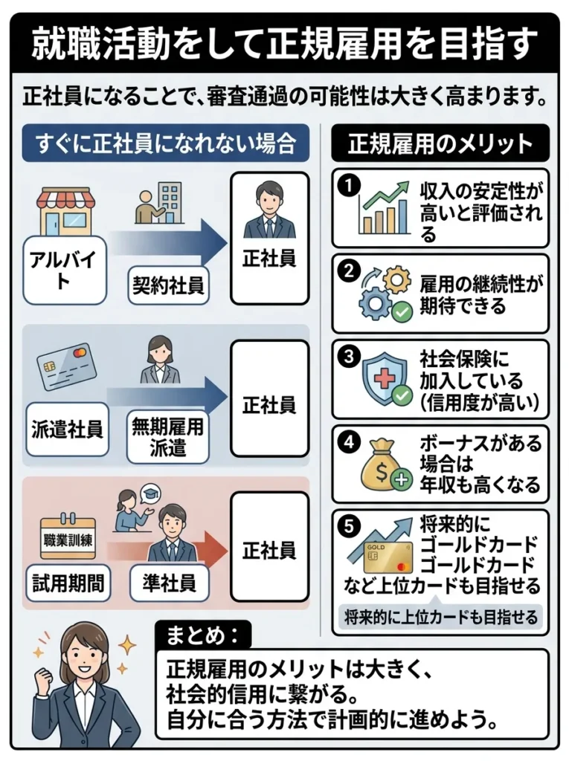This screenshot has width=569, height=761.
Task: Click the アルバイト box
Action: coord(59,271)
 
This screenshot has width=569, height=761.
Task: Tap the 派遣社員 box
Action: coord(68,429)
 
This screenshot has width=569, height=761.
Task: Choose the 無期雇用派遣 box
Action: coord(168,437)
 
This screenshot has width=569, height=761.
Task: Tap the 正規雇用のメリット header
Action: coord(440,143)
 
